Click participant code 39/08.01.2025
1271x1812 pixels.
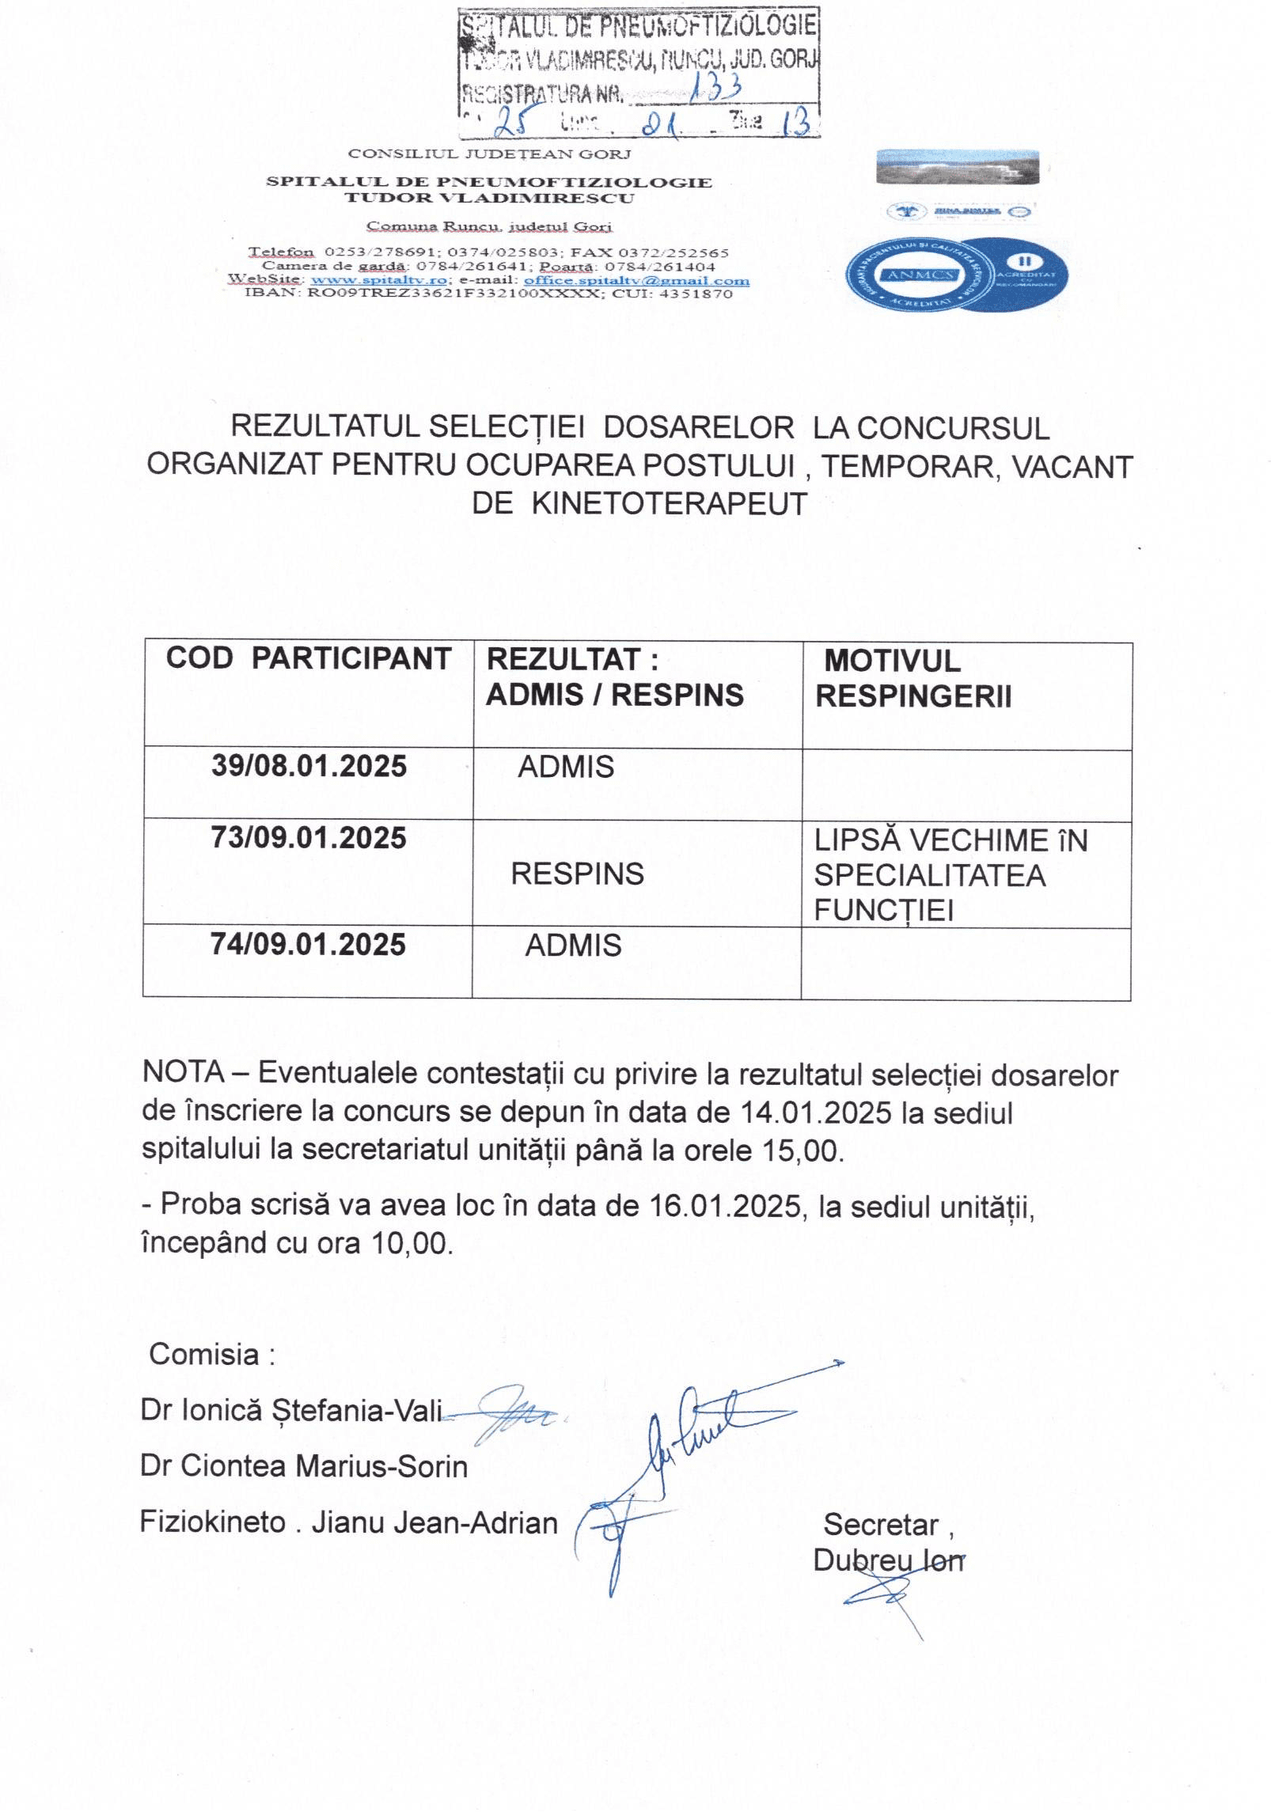(309, 766)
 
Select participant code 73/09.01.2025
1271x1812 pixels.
(309, 838)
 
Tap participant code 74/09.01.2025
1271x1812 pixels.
(308, 944)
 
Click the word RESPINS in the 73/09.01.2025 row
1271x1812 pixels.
(577, 874)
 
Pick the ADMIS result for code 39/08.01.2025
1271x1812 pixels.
(566, 767)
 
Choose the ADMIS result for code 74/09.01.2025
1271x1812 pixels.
(573, 945)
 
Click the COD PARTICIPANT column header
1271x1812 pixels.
(308, 658)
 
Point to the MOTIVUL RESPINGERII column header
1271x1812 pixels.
(913, 678)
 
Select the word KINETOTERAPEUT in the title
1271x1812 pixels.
(669, 503)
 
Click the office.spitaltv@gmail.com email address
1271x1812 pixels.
(636, 280)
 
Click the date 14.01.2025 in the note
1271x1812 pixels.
(816, 1112)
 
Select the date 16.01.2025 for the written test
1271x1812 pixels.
(725, 1205)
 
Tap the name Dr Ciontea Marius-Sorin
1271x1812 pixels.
(304, 1466)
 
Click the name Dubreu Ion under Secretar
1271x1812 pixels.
(889, 1560)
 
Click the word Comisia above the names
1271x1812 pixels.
(205, 1354)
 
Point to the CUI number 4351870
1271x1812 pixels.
(696, 294)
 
